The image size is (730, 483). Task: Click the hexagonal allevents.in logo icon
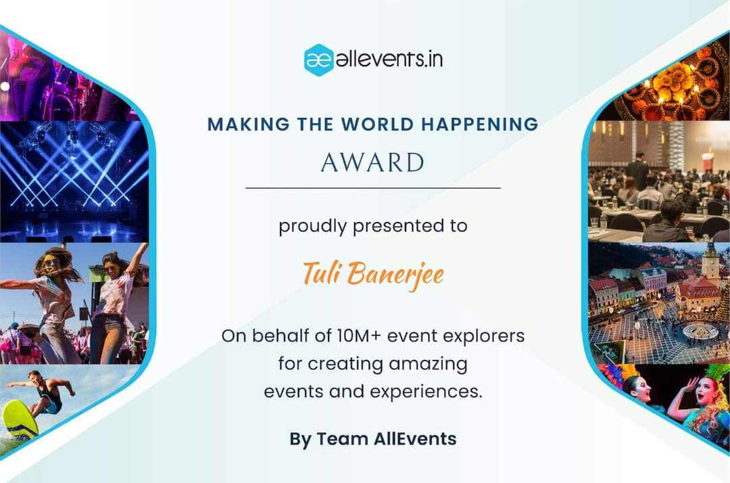pyautogui.click(x=318, y=60)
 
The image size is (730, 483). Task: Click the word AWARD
pyautogui.click(x=372, y=163)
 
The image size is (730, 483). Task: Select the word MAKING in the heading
pyautogui.click(x=240, y=124)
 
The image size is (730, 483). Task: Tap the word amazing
pyautogui.click(x=428, y=364)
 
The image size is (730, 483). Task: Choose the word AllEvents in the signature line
pyautogui.click(x=415, y=438)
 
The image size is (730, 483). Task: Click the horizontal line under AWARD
pyautogui.click(x=372, y=187)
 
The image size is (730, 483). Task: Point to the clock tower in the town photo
pyautogui.click(x=710, y=261)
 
